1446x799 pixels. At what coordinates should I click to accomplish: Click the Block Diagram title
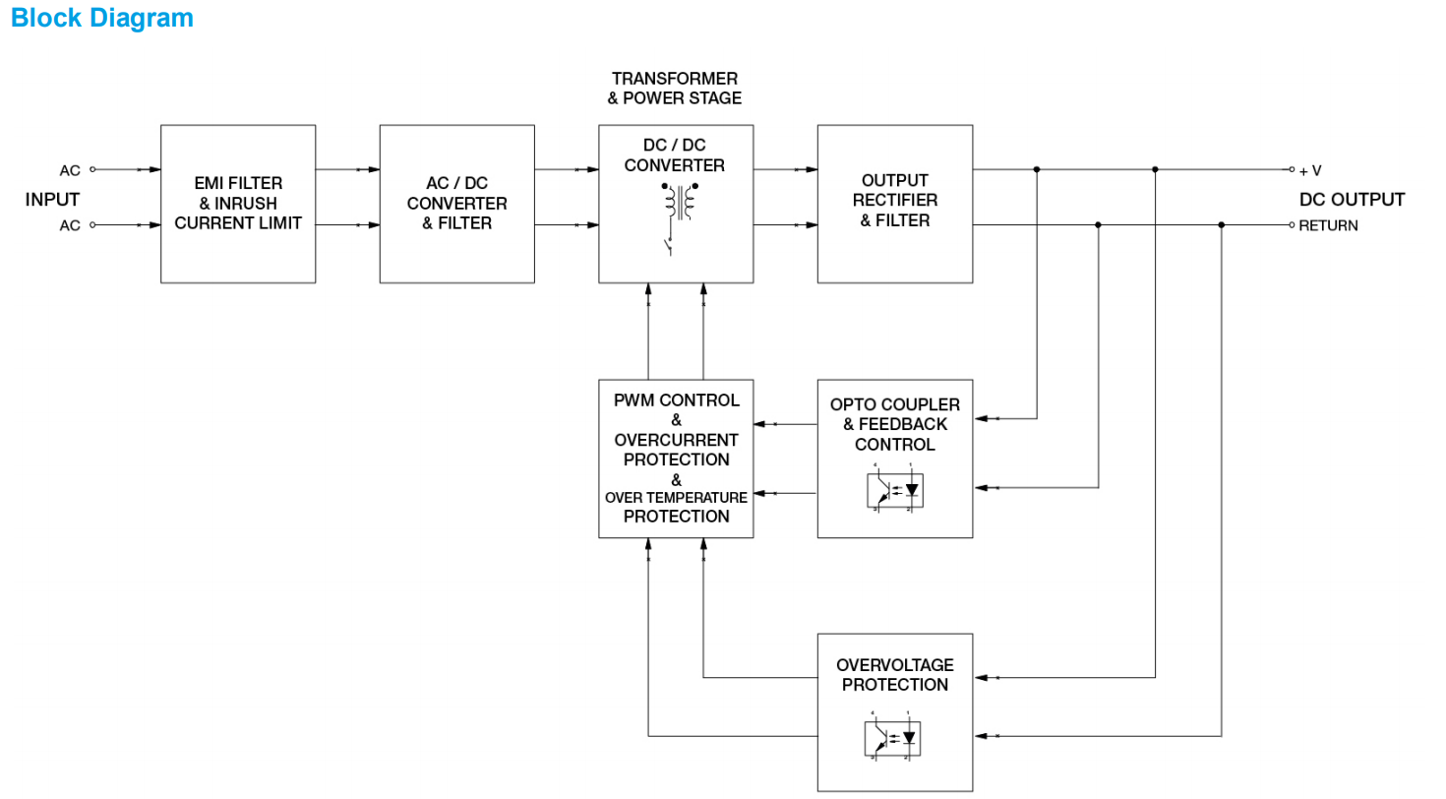pyautogui.click(x=102, y=18)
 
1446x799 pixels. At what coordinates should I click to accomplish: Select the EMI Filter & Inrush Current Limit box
pyautogui.click(x=238, y=204)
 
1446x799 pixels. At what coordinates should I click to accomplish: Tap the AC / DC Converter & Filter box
pyautogui.click(x=457, y=204)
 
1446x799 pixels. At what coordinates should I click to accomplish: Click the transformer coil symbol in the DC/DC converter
pyautogui.click(x=677, y=204)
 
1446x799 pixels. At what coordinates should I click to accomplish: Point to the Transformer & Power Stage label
pyautogui.click(x=676, y=88)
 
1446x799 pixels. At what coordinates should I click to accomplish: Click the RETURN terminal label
pyautogui.click(x=1328, y=226)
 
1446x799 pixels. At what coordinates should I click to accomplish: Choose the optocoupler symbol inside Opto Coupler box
pyautogui.click(x=895, y=489)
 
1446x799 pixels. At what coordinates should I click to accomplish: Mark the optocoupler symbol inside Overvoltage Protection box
pyautogui.click(x=895, y=737)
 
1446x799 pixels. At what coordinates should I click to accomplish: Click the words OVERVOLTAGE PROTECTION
pyautogui.click(x=895, y=675)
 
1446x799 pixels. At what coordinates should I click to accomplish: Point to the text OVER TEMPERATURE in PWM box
pyautogui.click(x=676, y=498)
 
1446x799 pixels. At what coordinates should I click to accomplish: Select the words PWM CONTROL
pyautogui.click(x=676, y=400)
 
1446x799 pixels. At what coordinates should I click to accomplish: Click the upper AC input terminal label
pyautogui.click(x=70, y=170)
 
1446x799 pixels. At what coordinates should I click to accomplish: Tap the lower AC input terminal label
pyautogui.click(x=70, y=226)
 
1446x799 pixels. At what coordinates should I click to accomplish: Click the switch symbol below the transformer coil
pyautogui.click(x=671, y=244)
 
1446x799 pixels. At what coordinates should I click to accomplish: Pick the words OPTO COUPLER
pyautogui.click(x=895, y=405)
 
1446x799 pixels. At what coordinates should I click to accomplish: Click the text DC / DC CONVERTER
pyautogui.click(x=676, y=155)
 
